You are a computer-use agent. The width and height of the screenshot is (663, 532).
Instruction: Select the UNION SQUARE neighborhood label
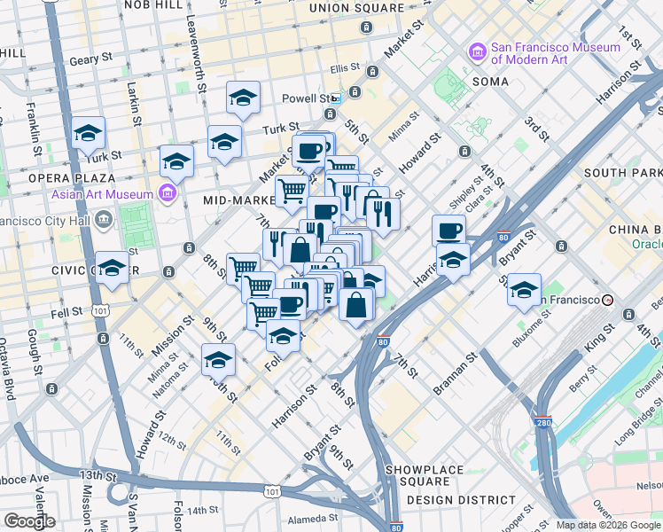pyautogui.click(x=355, y=8)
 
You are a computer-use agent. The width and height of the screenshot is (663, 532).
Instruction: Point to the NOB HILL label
pyautogui.click(x=136, y=5)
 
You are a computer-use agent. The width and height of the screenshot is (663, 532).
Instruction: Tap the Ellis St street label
pyautogui.click(x=345, y=67)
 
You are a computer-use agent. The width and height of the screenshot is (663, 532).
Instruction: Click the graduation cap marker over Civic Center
pyautogui.click(x=113, y=268)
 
